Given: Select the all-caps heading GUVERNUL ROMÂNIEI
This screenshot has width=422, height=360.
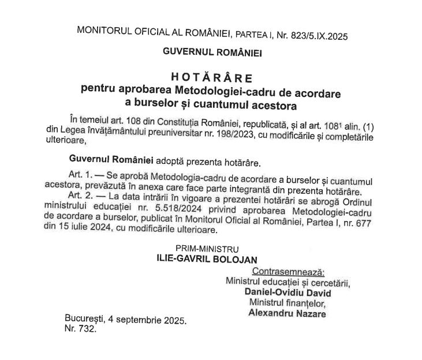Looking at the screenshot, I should pyautogui.click(x=212, y=52).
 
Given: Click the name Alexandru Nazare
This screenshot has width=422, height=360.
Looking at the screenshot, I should pyautogui.click(x=286, y=314).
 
